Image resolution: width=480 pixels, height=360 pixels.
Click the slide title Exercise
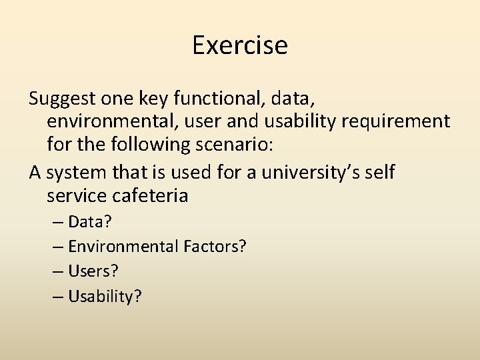point(240,45)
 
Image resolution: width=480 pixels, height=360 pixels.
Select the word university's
point(309,173)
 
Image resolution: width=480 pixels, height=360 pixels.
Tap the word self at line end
point(380,173)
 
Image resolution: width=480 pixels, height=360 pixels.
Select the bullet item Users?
point(93,271)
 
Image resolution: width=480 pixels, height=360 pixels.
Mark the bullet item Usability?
point(105,296)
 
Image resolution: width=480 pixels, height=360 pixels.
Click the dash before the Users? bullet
point(57,271)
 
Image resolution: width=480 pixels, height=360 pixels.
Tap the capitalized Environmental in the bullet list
point(123,247)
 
